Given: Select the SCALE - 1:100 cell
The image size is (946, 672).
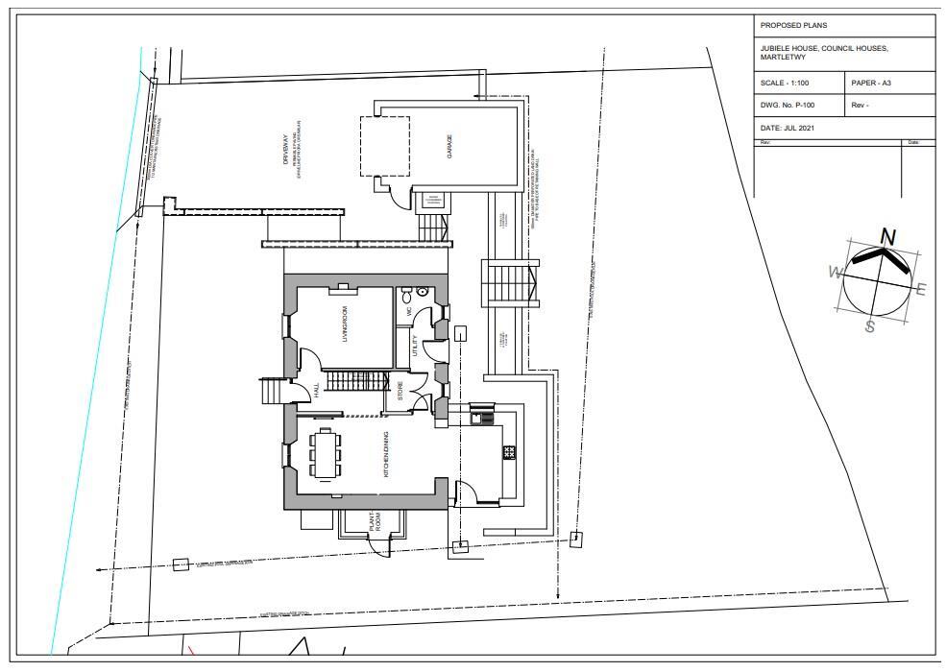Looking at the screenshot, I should [784, 84].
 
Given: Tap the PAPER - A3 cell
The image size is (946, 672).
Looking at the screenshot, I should [871, 84].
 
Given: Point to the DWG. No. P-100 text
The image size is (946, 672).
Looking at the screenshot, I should [788, 106].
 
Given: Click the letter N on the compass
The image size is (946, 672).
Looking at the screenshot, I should [888, 237].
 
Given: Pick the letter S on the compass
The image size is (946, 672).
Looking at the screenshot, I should [869, 326].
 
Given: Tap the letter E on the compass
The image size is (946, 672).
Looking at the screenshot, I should [921, 289].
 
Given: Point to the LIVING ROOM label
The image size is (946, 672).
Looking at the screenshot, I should [343, 326].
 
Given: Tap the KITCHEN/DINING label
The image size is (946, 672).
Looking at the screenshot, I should [386, 456].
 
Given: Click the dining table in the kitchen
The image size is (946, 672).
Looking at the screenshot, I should [326, 453].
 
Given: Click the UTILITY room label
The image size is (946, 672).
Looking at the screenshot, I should [414, 346].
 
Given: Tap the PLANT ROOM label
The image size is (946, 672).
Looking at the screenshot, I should [377, 521].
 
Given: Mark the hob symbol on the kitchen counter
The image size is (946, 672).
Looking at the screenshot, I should [509, 451].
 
